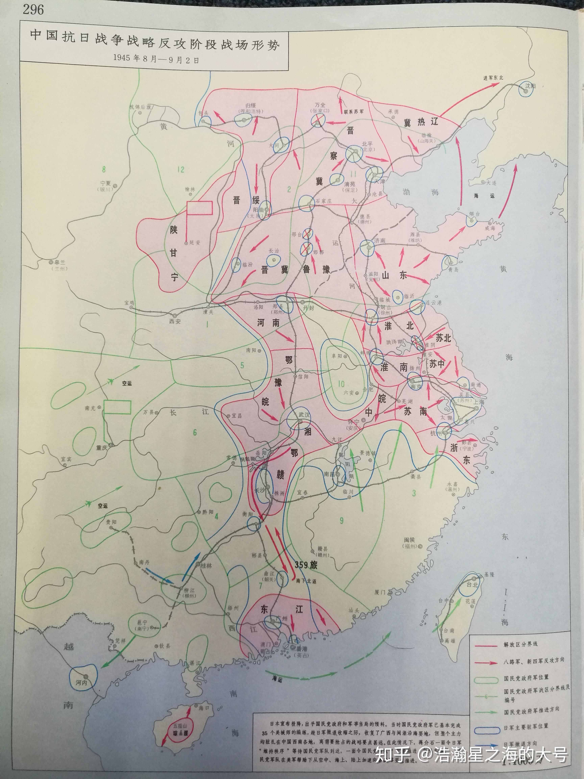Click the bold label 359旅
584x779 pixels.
(x=306, y=565)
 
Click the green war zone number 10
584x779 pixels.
(x=341, y=384)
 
